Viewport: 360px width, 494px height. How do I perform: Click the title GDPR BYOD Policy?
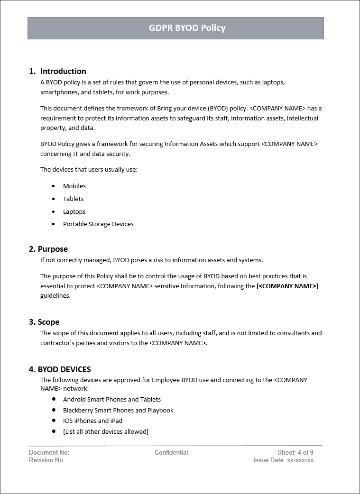coord(187,28)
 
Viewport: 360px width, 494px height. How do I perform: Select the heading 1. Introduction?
coord(57,71)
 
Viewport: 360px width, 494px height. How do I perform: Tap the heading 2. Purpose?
coord(48,249)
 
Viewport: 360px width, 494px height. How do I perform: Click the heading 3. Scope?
coord(44,322)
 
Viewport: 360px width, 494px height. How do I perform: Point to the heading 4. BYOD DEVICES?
coord(60,369)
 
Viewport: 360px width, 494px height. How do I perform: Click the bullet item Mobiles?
coord(74,186)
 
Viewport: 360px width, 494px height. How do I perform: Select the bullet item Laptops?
coord(74,211)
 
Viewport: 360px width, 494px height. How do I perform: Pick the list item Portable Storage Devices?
coord(98,224)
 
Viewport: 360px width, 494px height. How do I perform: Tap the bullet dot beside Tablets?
coord(54,199)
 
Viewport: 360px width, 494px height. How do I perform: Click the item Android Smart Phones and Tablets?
coord(112,399)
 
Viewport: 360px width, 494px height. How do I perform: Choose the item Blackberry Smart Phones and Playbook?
coord(118,410)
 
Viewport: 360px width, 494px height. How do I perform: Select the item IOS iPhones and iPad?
coord(92,421)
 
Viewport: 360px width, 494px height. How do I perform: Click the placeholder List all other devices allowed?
coord(106,431)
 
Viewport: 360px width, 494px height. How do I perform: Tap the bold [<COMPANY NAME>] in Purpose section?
coord(287,286)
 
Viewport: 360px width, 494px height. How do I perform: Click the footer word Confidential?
coord(171,452)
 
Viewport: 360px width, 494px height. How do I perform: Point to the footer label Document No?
coord(49,452)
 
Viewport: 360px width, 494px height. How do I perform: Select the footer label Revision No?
coord(46,460)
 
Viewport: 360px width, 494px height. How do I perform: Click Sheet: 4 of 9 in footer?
coord(295,452)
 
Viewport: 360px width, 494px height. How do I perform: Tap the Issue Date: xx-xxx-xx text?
coord(283,460)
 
